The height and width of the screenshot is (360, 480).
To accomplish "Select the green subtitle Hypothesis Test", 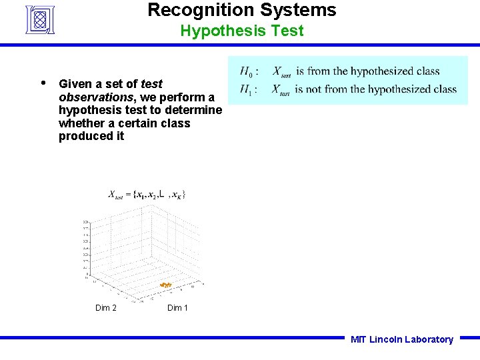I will pos(241,31).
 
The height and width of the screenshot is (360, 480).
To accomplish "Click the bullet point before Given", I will pos(43,83).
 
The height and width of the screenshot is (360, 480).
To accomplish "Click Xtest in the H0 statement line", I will pos(281,72).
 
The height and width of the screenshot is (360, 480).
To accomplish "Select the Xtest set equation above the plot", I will pos(147,195).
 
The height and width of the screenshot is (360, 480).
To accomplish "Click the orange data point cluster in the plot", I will pos(166,285).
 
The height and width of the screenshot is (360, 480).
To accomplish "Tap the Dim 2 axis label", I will pos(106,308).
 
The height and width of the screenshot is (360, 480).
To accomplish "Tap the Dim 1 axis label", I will pos(177,308).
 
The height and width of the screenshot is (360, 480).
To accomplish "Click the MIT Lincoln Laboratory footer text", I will pos(401,339).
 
